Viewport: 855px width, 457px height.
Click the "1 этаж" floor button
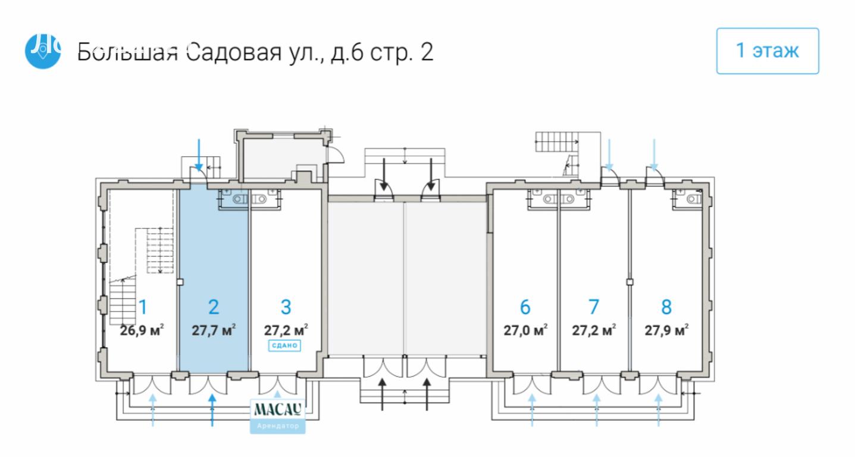coord(767,51)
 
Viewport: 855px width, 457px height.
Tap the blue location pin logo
coord(42,51)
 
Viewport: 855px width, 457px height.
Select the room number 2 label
coord(214,307)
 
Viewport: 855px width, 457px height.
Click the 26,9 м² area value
coord(142,330)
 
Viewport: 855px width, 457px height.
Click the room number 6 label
coord(525,307)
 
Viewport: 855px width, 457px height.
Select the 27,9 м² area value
coord(666,330)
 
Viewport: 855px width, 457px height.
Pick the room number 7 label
coord(593,307)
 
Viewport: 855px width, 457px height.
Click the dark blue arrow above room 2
coord(199,155)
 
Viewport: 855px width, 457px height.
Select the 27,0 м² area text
coord(525,330)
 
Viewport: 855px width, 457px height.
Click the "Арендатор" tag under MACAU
coord(278,427)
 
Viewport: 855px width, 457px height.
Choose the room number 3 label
coord(286,307)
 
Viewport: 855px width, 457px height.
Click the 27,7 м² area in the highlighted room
coord(214,330)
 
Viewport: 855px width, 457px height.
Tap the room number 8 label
coord(666,307)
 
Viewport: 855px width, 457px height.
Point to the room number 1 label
coord(143,307)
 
